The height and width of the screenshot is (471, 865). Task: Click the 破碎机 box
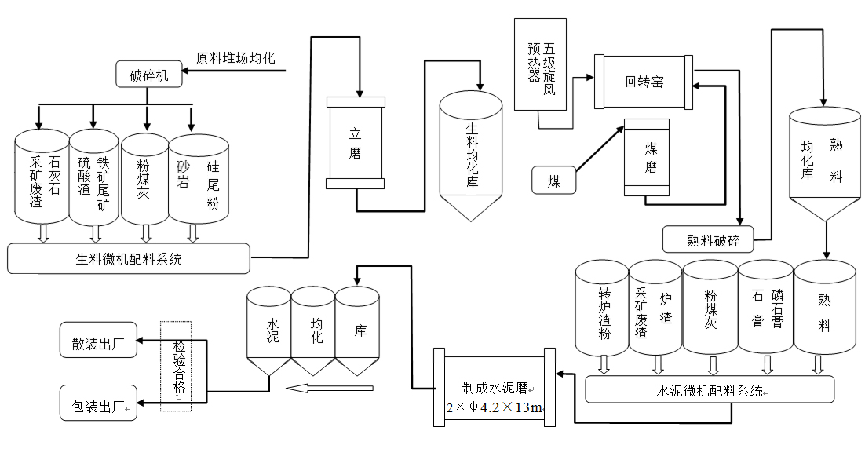[x=149, y=76]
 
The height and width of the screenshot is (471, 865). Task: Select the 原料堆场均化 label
[x=235, y=58]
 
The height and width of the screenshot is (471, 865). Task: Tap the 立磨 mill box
[x=356, y=143]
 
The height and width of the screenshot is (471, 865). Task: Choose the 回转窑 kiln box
[x=644, y=81]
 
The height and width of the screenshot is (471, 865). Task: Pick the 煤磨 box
[x=646, y=157]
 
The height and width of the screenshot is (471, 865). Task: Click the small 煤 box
[x=554, y=181]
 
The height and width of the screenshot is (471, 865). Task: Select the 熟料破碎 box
[x=707, y=239]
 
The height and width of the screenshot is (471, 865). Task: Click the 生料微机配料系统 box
[x=129, y=258]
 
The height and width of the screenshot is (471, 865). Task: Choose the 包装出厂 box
[x=98, y=404]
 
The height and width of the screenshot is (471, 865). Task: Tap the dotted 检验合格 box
[x=175, y=365]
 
